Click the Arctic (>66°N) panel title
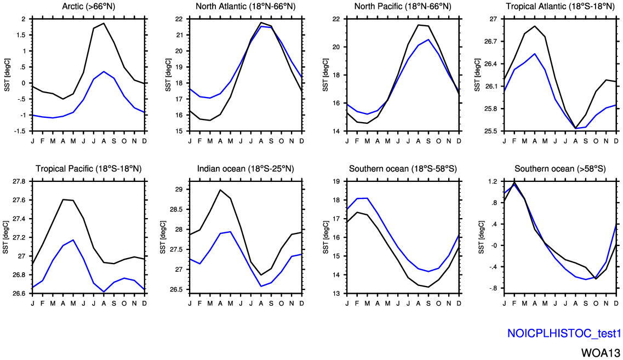(88, 7)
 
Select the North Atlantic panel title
(245, 7)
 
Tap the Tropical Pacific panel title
(88, 168)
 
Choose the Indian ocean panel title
(245, 168)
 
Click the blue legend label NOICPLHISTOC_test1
(564, 333)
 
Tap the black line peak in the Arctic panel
(104, 23)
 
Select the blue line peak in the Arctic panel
(104, 71)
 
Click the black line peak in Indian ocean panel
(220, 190)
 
